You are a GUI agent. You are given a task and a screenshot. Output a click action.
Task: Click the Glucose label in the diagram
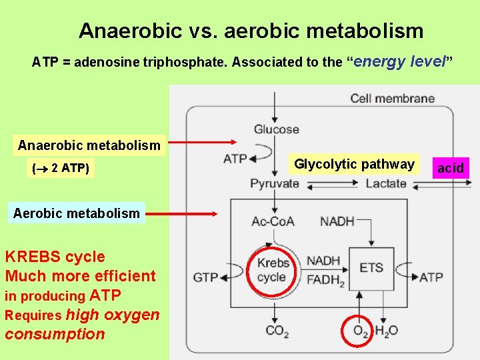(276, 129)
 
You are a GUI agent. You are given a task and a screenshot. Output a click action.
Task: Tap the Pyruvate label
(275, 183)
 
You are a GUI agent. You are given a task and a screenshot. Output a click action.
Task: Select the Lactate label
(385, 183)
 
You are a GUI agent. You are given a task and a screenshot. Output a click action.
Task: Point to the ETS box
(371, 268)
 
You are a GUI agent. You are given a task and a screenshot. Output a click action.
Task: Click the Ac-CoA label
(273, 221)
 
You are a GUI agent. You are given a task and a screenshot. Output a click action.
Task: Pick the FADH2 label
(325, 281)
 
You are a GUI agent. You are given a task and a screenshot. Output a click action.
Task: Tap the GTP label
(206, 277)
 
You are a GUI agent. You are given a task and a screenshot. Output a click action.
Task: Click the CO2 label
(277, 331)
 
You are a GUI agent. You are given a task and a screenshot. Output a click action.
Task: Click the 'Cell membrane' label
(392, 99)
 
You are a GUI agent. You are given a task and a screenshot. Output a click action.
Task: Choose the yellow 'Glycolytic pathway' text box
(354, 164)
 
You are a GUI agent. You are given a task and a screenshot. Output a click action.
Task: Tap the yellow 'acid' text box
(450, 168)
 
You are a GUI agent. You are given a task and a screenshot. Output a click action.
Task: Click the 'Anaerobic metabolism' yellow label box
(89, 145)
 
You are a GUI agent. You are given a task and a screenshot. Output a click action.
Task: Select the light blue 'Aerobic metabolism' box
(77, 213)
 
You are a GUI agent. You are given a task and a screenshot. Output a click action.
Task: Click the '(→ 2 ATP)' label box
(60, 169)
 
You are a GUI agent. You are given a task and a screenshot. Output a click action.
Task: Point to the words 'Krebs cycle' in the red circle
(273, 270)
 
